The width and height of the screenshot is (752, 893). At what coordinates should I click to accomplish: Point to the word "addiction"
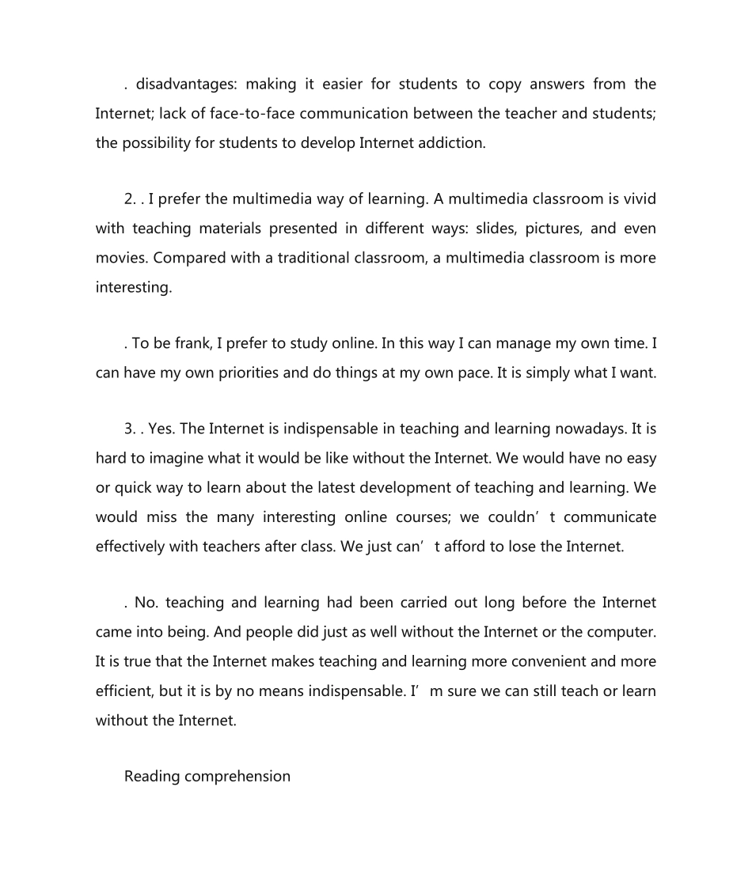[450, 142]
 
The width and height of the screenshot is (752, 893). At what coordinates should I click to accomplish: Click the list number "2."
[131, 199]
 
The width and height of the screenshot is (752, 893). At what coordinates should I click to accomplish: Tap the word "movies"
[120, 258]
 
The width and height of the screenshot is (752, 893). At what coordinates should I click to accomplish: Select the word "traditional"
[319, 258]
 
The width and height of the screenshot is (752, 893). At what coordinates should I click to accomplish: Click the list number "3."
[131, 429]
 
